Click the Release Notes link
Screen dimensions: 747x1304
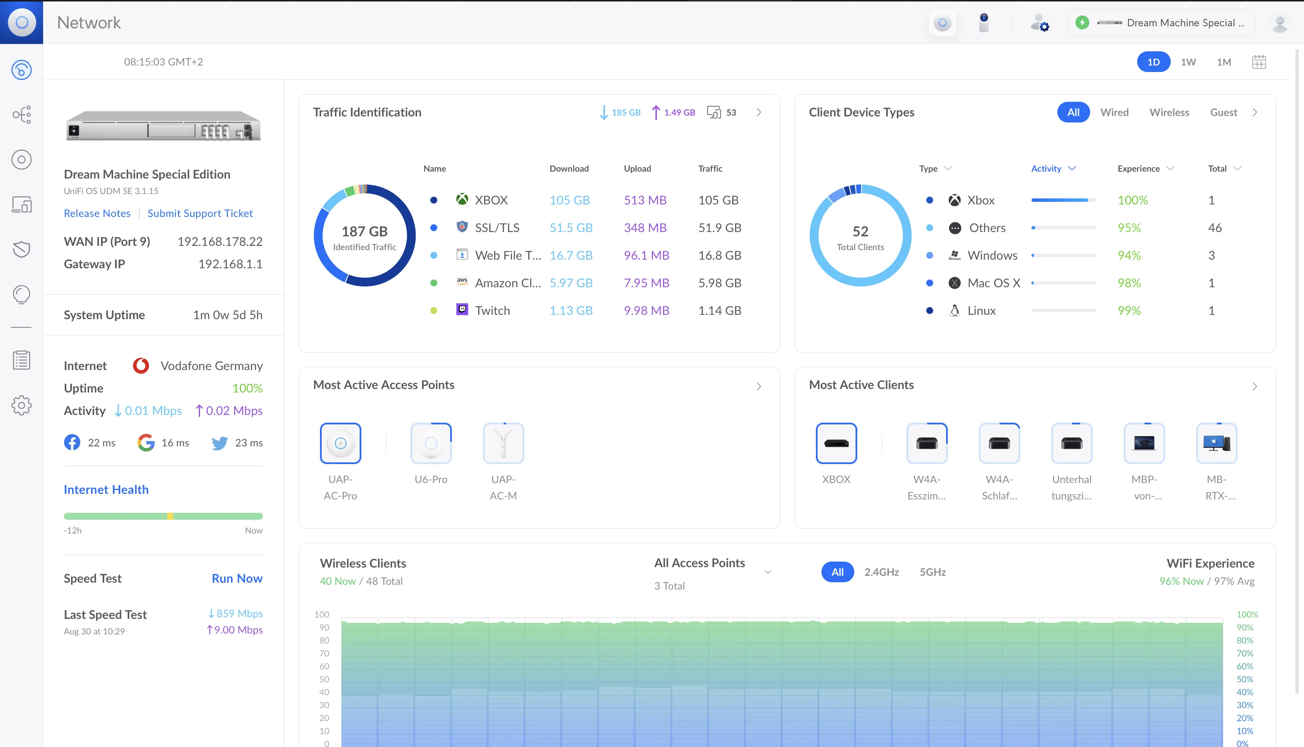(x=97, y=213)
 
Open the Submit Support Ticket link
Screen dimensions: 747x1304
(x=200, y=213)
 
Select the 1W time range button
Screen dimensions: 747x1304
(x=1188, y=62)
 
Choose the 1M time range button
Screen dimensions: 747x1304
(x=1223, y=62)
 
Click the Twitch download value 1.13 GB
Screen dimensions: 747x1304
(x=571, y=311)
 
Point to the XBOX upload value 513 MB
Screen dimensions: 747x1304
(x=645, y=200)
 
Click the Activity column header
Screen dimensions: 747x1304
(x=1046, y=169)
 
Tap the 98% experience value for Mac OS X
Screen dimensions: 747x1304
(x=1129, y=282)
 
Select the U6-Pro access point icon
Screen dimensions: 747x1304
(x=431, y=443)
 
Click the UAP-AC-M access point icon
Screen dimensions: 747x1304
(x=503, y=443)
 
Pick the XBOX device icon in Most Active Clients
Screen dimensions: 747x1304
(x=836, y=443)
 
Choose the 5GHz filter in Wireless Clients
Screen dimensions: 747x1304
(x=933, y=572)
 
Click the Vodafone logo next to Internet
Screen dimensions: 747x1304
(x=141, y=366)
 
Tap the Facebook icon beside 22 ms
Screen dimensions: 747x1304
(x=72, y=442)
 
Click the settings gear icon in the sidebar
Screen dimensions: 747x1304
(x=22, y=405)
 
